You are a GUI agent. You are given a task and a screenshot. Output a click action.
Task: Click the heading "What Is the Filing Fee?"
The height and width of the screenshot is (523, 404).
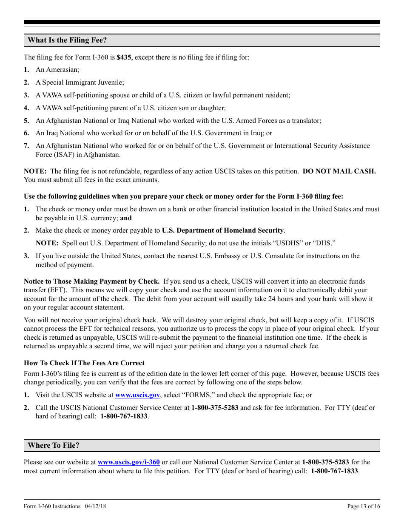pos(67,40)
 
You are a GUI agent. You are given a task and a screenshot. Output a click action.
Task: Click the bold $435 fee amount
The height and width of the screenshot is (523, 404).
pos(124,57)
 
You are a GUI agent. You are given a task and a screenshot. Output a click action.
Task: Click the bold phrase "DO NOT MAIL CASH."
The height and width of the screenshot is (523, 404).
pos(339,171)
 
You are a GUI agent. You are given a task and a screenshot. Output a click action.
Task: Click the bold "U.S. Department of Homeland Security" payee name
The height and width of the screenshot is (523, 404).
pos(222,230)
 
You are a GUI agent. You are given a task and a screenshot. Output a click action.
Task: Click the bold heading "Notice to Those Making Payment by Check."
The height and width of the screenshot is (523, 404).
pos(92,281)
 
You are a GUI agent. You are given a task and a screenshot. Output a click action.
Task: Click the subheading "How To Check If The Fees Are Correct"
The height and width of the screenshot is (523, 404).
pos(84,363)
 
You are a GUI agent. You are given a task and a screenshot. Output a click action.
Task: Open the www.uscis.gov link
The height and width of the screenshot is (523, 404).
pos(137,395)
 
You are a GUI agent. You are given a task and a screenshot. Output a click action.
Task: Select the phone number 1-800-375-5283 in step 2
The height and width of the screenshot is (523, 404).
pos(215,408)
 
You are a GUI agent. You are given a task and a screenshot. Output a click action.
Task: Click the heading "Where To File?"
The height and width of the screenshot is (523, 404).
pos(54,446)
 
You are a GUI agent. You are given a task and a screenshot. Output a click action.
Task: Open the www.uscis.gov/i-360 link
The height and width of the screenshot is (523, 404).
pos(128,462)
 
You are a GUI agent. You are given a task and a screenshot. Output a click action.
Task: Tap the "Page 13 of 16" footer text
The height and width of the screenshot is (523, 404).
pos(364,506)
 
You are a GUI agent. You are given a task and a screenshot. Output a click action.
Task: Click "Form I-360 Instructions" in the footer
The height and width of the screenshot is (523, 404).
pos(52,506)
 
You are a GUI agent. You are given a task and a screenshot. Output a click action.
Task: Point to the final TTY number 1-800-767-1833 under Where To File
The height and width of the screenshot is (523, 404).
pos(334,471)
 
